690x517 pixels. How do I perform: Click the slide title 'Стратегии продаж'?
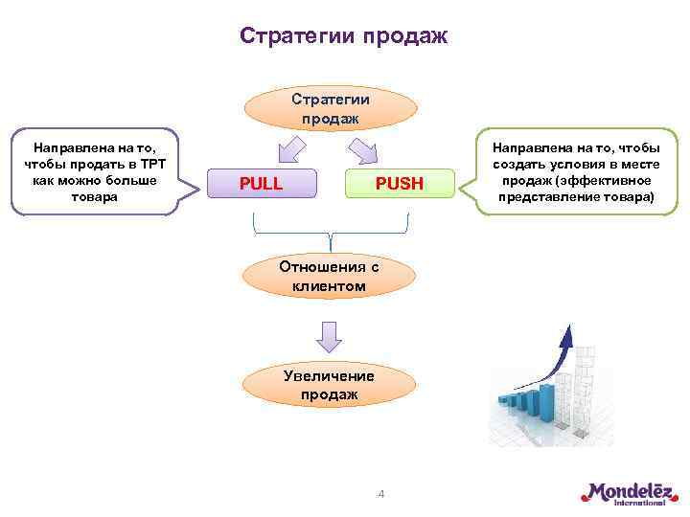coord(343,36)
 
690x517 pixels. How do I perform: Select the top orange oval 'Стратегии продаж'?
coord(330,108)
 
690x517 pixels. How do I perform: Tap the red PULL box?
coord(261,183)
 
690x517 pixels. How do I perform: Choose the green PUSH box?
coord(398,183)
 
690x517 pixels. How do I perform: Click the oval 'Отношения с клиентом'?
coord(330,276)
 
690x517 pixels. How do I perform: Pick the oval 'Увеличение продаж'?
coord(330,384)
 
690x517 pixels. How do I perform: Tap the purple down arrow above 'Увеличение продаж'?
coord(330,335)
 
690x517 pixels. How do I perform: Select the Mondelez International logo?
coord(627,493)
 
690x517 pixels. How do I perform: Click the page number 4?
coord(380,494)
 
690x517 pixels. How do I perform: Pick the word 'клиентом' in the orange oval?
coord(330,285)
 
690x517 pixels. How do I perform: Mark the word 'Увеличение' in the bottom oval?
coord(330,375)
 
